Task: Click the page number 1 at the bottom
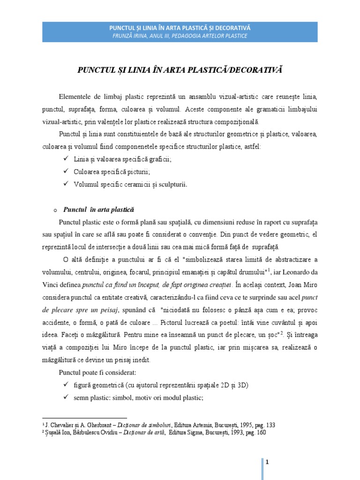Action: pyautogui.click(x=267, y=462)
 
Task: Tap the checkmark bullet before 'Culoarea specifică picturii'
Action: pyautogui.click(x=65, y=172)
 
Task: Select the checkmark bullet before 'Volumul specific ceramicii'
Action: pyautogui.click(x=65, y=184)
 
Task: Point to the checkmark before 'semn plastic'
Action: pyautogui.click(x=65, y=397)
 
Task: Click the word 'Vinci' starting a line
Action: pyautogui.click(x=51, y=284)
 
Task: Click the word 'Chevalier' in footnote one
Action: pyautogui.click(x=62, y=424)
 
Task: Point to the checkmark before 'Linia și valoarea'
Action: pyautogui.click(x=65, y=159)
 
